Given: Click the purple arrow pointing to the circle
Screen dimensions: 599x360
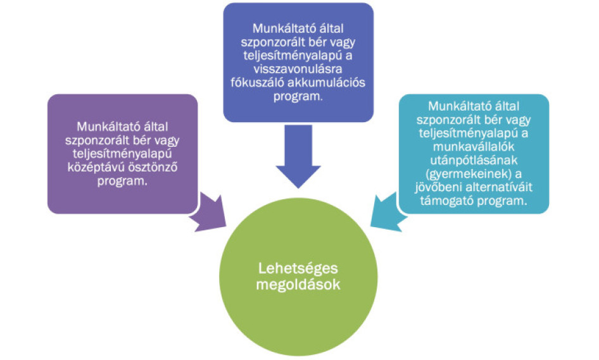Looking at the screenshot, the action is click(208, 213).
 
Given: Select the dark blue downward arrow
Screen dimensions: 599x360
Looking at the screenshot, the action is click(298, 156).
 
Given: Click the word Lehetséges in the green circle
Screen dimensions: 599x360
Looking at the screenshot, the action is click(298, 268).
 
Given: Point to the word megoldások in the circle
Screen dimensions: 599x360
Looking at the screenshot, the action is click(298, 285).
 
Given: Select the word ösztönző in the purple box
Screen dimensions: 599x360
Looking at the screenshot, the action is click(153, 167).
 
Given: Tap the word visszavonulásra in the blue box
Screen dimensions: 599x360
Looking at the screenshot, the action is click(298, 69).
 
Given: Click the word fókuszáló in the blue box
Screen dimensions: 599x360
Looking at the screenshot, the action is click(256, 82).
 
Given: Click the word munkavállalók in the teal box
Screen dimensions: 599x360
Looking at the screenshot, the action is click(474, 147).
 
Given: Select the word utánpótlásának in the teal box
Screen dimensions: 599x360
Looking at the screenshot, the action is click(474, 160).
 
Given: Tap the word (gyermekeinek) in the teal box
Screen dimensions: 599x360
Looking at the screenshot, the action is click(469, 174).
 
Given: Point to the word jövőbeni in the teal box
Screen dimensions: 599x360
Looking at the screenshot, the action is click(439, 187).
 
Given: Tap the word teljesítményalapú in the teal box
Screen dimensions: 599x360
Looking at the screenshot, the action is click(469, 133).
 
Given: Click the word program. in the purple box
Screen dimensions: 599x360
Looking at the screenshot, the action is click(122, 181).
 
